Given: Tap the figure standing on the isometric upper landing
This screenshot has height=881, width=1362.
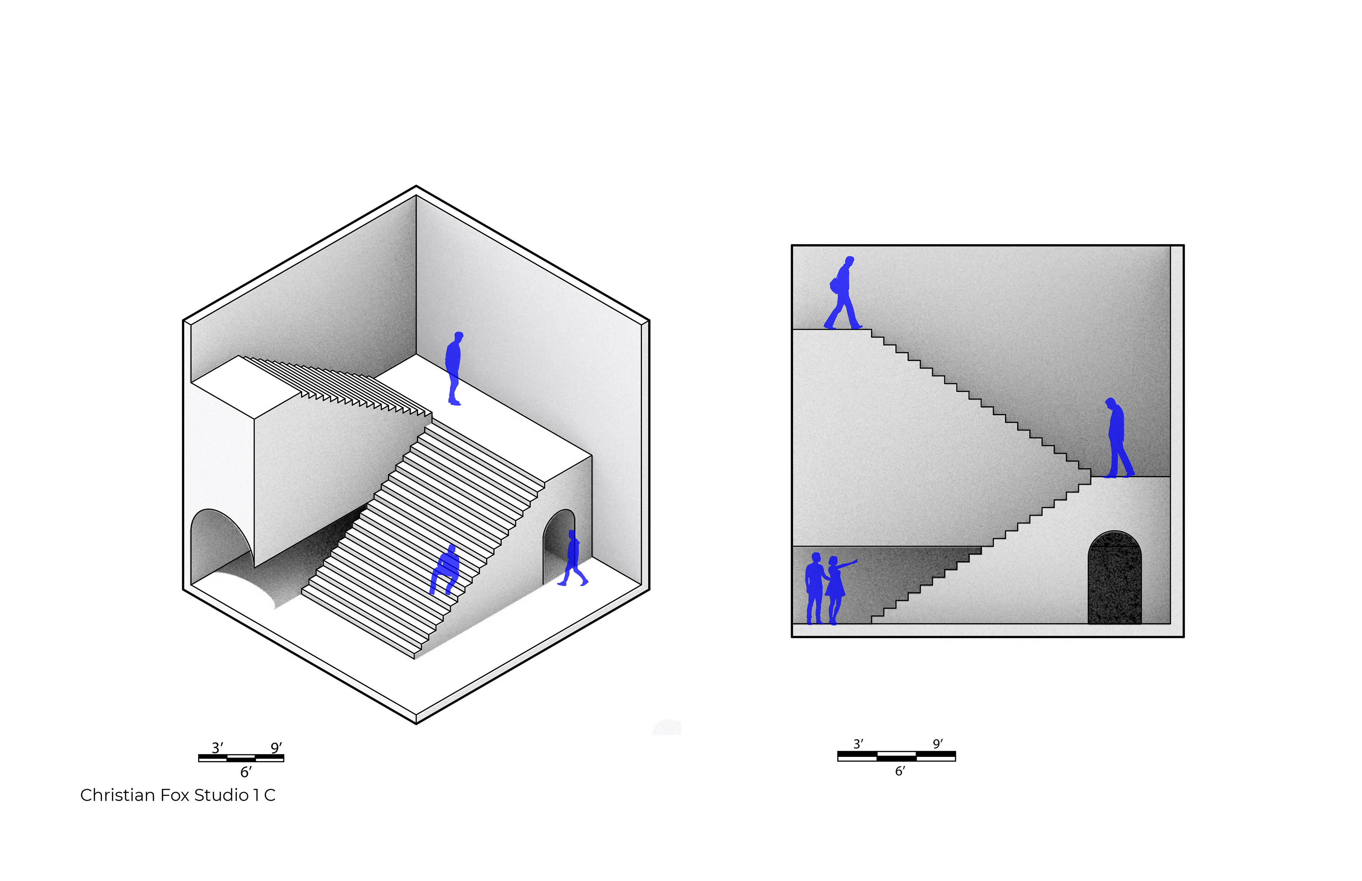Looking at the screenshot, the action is point(454,368).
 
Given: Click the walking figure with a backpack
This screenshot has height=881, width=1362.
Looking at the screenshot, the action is point(842,293).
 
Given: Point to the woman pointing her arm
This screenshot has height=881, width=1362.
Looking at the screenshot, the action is point(837,589).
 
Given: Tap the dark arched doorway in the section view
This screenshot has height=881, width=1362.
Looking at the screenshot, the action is point(1114,578).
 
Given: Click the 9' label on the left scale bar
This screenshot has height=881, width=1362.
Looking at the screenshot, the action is point(276,748).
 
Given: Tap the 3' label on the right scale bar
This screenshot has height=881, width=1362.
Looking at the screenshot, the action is point(858,744).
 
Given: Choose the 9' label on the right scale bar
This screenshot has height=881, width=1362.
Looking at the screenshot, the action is point(938,744).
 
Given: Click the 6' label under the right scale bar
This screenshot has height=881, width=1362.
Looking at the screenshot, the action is point(900,771).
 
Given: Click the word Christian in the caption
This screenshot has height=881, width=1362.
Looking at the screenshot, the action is point(117,795).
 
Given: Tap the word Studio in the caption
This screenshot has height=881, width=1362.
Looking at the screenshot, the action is point(221,795).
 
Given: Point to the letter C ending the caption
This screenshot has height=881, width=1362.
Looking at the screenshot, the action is point(270,795).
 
